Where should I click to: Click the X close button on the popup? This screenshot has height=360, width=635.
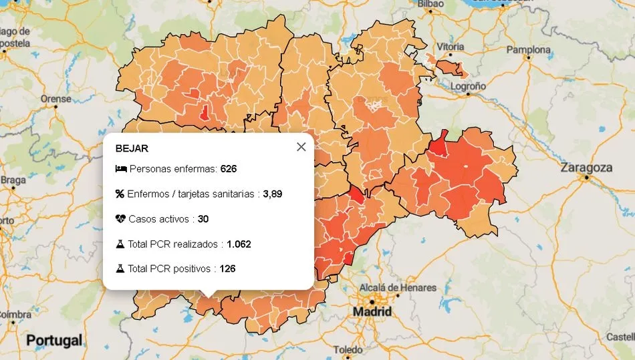[x=301, y=147]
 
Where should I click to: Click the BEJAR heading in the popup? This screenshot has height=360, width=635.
[x=132, y=148]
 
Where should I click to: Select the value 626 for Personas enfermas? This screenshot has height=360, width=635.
[x=229, y=169]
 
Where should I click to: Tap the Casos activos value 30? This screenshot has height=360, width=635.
[x=203, y=219]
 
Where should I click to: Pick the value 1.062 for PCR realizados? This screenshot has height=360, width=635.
[x=239, y=244]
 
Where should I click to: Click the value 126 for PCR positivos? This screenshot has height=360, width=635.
[x=227, y=269]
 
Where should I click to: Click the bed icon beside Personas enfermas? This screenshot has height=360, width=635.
[x=120, y=169]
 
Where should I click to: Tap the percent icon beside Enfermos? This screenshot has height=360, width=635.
[x=120, y=194]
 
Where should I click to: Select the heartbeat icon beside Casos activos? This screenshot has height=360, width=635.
[x=120, y=219]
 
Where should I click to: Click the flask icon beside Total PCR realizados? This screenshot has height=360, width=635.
[x=120, y=244]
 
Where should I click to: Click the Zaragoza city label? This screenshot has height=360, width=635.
[x=587, y=168]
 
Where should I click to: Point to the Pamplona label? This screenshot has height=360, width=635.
[x=528, y=50]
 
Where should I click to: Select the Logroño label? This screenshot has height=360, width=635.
[x=467, y=86]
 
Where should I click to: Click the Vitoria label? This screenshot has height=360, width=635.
[x=450, y=47]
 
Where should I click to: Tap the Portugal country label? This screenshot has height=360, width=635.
[x=54, y=341]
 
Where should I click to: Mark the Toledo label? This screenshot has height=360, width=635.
[x=348, y=350]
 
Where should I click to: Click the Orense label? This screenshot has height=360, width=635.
[x=55, y=99]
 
